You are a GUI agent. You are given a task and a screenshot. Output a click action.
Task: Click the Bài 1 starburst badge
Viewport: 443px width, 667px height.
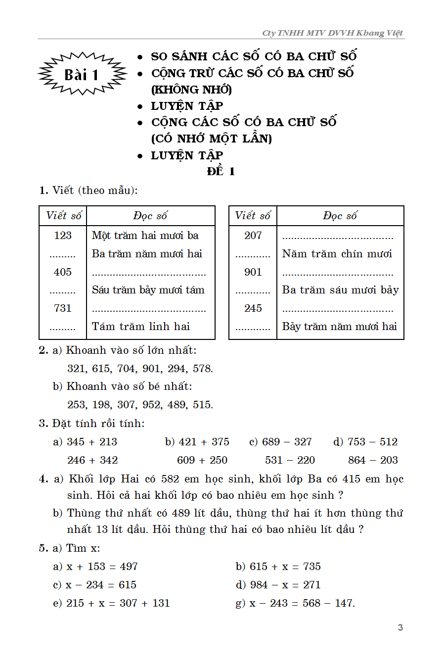[82, 74]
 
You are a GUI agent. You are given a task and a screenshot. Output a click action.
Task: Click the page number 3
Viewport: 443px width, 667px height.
[400, 627]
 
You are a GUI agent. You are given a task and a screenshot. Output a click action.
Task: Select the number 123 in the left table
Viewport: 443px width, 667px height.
[63, 236]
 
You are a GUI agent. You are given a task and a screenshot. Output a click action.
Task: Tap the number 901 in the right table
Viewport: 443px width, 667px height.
[253, 272]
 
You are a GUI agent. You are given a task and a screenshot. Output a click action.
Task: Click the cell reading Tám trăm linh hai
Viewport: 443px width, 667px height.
[141, 327]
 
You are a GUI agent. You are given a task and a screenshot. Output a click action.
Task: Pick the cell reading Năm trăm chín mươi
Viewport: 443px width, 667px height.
[337, 254]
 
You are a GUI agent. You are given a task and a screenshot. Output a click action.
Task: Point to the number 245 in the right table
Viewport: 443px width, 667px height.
[253, 308]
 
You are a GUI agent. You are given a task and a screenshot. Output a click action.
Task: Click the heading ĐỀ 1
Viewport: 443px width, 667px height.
[221, 172]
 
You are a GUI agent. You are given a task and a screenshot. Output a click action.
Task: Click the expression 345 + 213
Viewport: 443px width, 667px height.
[92, 442]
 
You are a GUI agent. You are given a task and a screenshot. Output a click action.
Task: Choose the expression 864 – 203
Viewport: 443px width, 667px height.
[373, 460]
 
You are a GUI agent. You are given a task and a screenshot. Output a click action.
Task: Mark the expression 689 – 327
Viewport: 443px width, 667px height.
[287, 442]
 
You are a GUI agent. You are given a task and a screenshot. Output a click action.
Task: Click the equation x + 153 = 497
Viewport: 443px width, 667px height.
[102, 567]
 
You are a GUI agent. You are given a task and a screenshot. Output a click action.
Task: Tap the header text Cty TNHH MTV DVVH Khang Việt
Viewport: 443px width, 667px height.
[333, 33]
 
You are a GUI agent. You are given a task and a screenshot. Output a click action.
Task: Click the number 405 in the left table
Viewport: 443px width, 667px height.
[63, 272]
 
